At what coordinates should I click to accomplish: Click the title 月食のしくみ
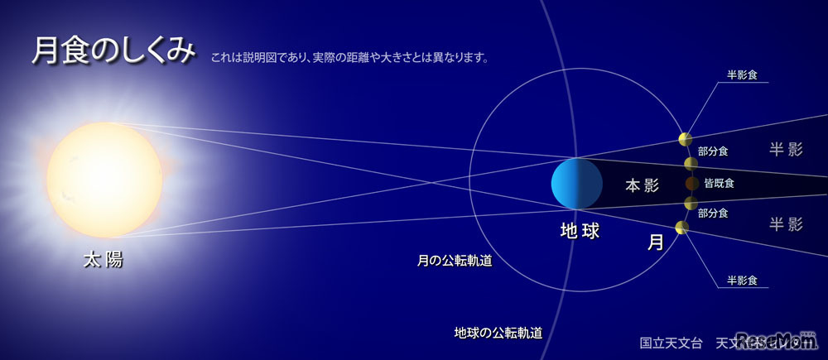coord(113,51)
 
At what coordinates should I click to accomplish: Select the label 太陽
coord(103,259)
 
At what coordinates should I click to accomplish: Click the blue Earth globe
coord(576,183)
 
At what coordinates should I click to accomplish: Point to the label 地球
coord(579,232)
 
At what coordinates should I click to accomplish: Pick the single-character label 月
coord(655,242)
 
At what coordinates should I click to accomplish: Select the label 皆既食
coord(719,183)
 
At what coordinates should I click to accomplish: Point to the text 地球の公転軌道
coord(498,333)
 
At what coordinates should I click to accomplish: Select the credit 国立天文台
coord(671,342)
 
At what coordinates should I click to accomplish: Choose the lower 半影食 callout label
coord(743,281)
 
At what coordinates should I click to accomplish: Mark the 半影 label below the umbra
coord(786,223)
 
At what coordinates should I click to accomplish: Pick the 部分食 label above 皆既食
coord(713,151)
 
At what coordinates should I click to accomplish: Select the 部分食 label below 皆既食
coord(713,213)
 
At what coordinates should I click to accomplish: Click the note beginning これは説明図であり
coord(349,59)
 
